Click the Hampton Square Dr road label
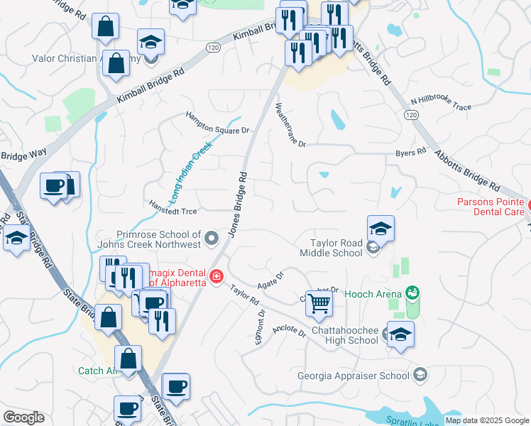pyautogui.click(x=218, y=122)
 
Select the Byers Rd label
pyautogui.click(x=410, y=153)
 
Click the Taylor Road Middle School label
pyautogui.click(x=332, y=248)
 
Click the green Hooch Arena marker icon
pyautogui.click(x=411, y=292)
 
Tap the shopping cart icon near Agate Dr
pyautogui.click(x=319, y=303)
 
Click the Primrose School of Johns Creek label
pyautogui.click(x=159, y=239)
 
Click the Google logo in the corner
pyautogui.click(x=23, y=417)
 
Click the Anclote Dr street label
pyautogui.click(x=289, y=332)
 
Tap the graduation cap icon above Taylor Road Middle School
pyautogui.click(x=381, y=229)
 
